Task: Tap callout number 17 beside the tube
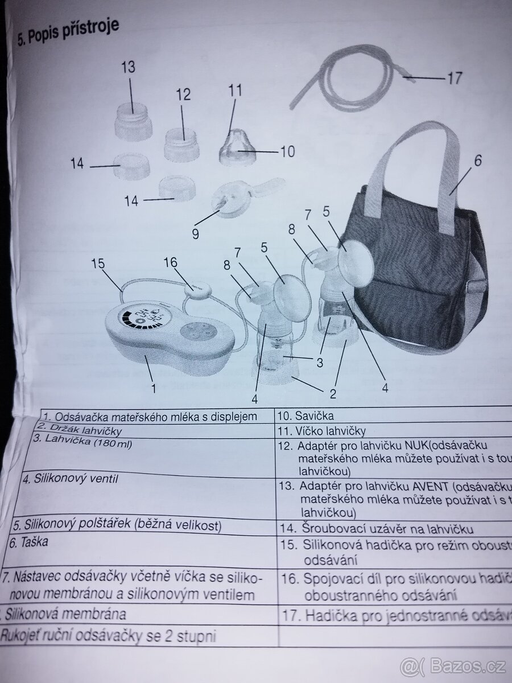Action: pyautogui.click(x=455, y=79)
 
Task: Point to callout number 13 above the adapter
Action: pyautogui.click(x=129, y=67)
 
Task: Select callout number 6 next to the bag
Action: pyautogui.click(x=477, y=161)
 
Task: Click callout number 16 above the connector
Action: pyautogui.click(x=171, y=262)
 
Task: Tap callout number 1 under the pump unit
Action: pyautogui.click(x=152, y=389)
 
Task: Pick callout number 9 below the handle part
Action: pyautogui.click(x=195, y=234)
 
